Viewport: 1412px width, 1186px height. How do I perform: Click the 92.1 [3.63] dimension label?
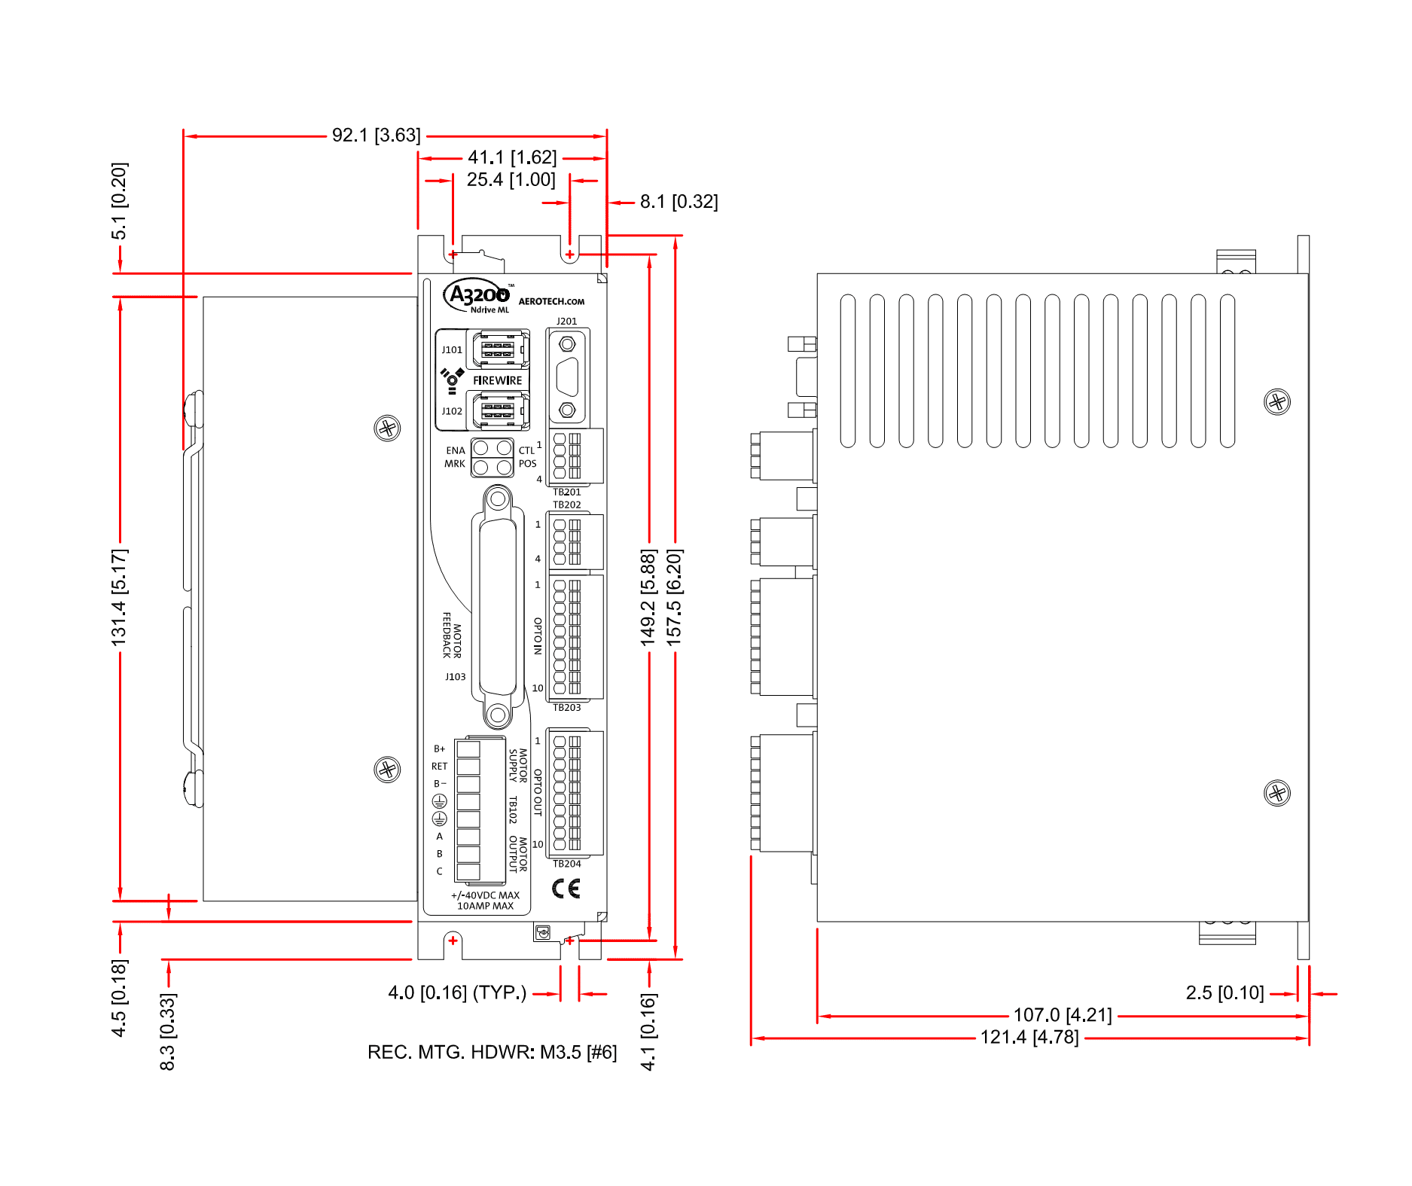point(376,136)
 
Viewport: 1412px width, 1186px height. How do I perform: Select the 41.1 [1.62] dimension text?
point(512,157)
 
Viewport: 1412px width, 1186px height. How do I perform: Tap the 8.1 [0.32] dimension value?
point(679,202)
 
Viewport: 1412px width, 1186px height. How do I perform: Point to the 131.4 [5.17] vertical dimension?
point(120,596)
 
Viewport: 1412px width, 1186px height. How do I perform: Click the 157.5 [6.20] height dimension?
point(675,596)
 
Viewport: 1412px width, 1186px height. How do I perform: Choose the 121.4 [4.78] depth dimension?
point(1029,1037)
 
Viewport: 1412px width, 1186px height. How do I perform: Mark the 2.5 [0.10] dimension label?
point(1224,992)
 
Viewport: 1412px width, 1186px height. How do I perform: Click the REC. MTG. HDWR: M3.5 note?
point(492,1052)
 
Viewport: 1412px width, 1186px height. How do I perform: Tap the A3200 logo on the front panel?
point(478,295)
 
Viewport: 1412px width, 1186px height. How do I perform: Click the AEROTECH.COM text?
point(551,301)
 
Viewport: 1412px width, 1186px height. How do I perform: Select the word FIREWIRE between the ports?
point(497,380)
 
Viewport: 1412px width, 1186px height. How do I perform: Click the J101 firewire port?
point(498,349)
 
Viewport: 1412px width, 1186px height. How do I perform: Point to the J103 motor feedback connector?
point(497,606)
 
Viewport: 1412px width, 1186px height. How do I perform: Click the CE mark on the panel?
point(566,889)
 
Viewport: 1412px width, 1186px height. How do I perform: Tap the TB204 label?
point(566,864)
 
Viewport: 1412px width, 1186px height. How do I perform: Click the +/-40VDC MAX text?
point(485,895)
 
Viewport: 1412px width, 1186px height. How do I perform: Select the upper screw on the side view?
point(1276,401)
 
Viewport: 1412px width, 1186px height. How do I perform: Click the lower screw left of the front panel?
point(387,769)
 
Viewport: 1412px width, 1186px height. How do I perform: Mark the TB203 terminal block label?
point(566,707)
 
